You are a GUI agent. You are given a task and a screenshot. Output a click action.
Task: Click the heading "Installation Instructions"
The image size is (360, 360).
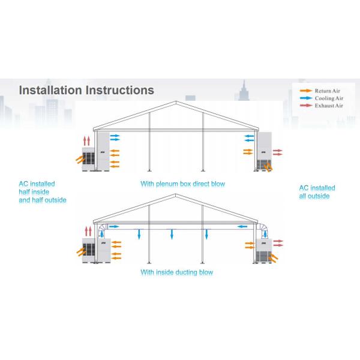point(86,90)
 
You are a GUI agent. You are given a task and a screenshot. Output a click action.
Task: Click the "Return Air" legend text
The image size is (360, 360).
point(329,90)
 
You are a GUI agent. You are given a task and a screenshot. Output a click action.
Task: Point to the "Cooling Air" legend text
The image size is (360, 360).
point(329,98)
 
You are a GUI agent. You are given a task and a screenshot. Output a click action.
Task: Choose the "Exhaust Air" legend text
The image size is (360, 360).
point(330,106)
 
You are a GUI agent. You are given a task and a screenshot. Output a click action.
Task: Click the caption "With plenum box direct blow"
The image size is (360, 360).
point(182,184)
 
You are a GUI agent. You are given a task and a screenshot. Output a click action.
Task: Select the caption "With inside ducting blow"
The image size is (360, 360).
point(176,272)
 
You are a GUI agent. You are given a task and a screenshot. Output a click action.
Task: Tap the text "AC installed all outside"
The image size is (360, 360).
point(317,191)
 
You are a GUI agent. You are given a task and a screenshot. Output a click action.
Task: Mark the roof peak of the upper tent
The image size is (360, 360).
point(176,102)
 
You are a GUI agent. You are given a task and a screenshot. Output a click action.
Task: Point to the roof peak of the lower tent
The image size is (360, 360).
point(176,195)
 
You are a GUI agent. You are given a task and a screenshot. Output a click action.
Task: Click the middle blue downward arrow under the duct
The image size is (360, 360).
point(172,233)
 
